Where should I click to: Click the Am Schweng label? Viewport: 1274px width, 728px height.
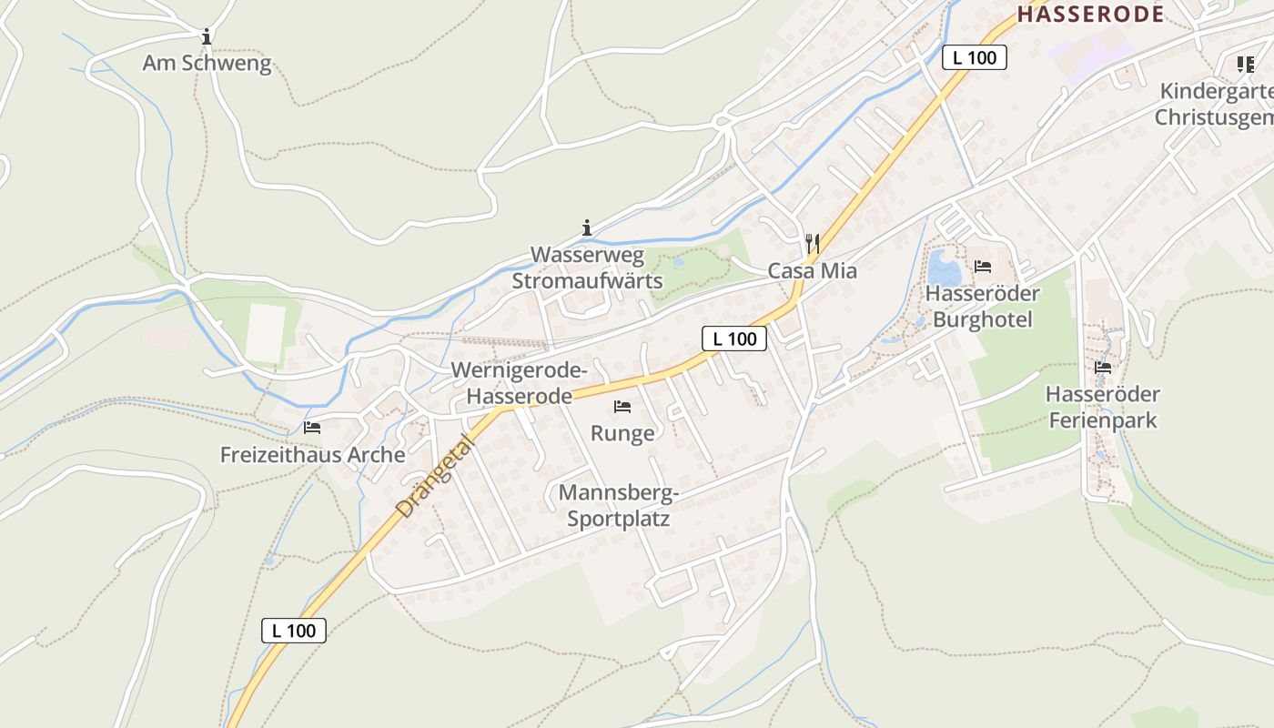pos(207,64)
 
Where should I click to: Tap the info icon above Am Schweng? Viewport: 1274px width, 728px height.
pos(207,37)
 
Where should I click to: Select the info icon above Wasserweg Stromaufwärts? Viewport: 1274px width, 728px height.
pos(587,227)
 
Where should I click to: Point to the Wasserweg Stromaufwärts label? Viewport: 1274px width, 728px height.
pos(587,268)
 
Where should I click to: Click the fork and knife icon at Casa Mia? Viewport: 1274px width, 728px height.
pos(813,244)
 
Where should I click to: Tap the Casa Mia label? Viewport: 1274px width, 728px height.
pos(813,270)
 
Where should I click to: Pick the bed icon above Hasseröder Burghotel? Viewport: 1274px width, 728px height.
pos(983,267)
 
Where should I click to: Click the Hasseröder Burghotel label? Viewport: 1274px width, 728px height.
pos(982,307)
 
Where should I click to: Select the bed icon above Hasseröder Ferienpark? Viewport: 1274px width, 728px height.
pos(1103,368)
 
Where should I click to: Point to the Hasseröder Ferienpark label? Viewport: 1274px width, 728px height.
pos(1103,407)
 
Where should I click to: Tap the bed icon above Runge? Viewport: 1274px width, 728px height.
pos(622,406)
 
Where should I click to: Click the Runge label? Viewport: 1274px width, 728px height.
pos(622,433)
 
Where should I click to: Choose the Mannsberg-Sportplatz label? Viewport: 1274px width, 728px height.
pos(619,506)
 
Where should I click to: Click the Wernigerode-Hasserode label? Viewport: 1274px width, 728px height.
pos(520,383)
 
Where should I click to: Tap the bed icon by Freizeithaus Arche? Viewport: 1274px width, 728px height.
pos(312,427)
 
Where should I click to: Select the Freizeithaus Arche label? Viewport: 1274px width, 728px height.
pos(312,454)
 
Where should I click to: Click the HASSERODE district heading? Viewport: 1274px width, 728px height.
pos(1090,14)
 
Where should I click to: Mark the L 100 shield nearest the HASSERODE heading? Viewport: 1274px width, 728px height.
pos(975,57)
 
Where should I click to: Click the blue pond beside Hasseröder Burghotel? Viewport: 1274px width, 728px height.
pos(944,269)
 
